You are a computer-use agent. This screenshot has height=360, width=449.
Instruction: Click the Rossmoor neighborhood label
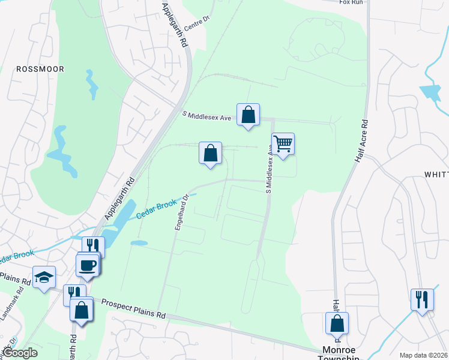point(40,69)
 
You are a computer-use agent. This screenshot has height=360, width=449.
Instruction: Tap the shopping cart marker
point(283,144)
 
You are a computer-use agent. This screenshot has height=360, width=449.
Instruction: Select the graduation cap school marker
point(44,277)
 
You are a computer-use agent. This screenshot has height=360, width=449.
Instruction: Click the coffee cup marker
point(88,264)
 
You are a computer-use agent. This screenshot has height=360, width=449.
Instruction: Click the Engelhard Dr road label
point(182,211)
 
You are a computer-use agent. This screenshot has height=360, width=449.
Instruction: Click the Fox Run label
point(352,2)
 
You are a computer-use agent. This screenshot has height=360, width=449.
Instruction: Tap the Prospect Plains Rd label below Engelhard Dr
point(133,308)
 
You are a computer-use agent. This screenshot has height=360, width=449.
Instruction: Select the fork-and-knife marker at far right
point(422,298)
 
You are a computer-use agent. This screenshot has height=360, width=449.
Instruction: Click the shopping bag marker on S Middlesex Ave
point(248,114)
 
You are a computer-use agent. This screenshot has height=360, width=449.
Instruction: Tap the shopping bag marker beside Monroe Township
point(337,323)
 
